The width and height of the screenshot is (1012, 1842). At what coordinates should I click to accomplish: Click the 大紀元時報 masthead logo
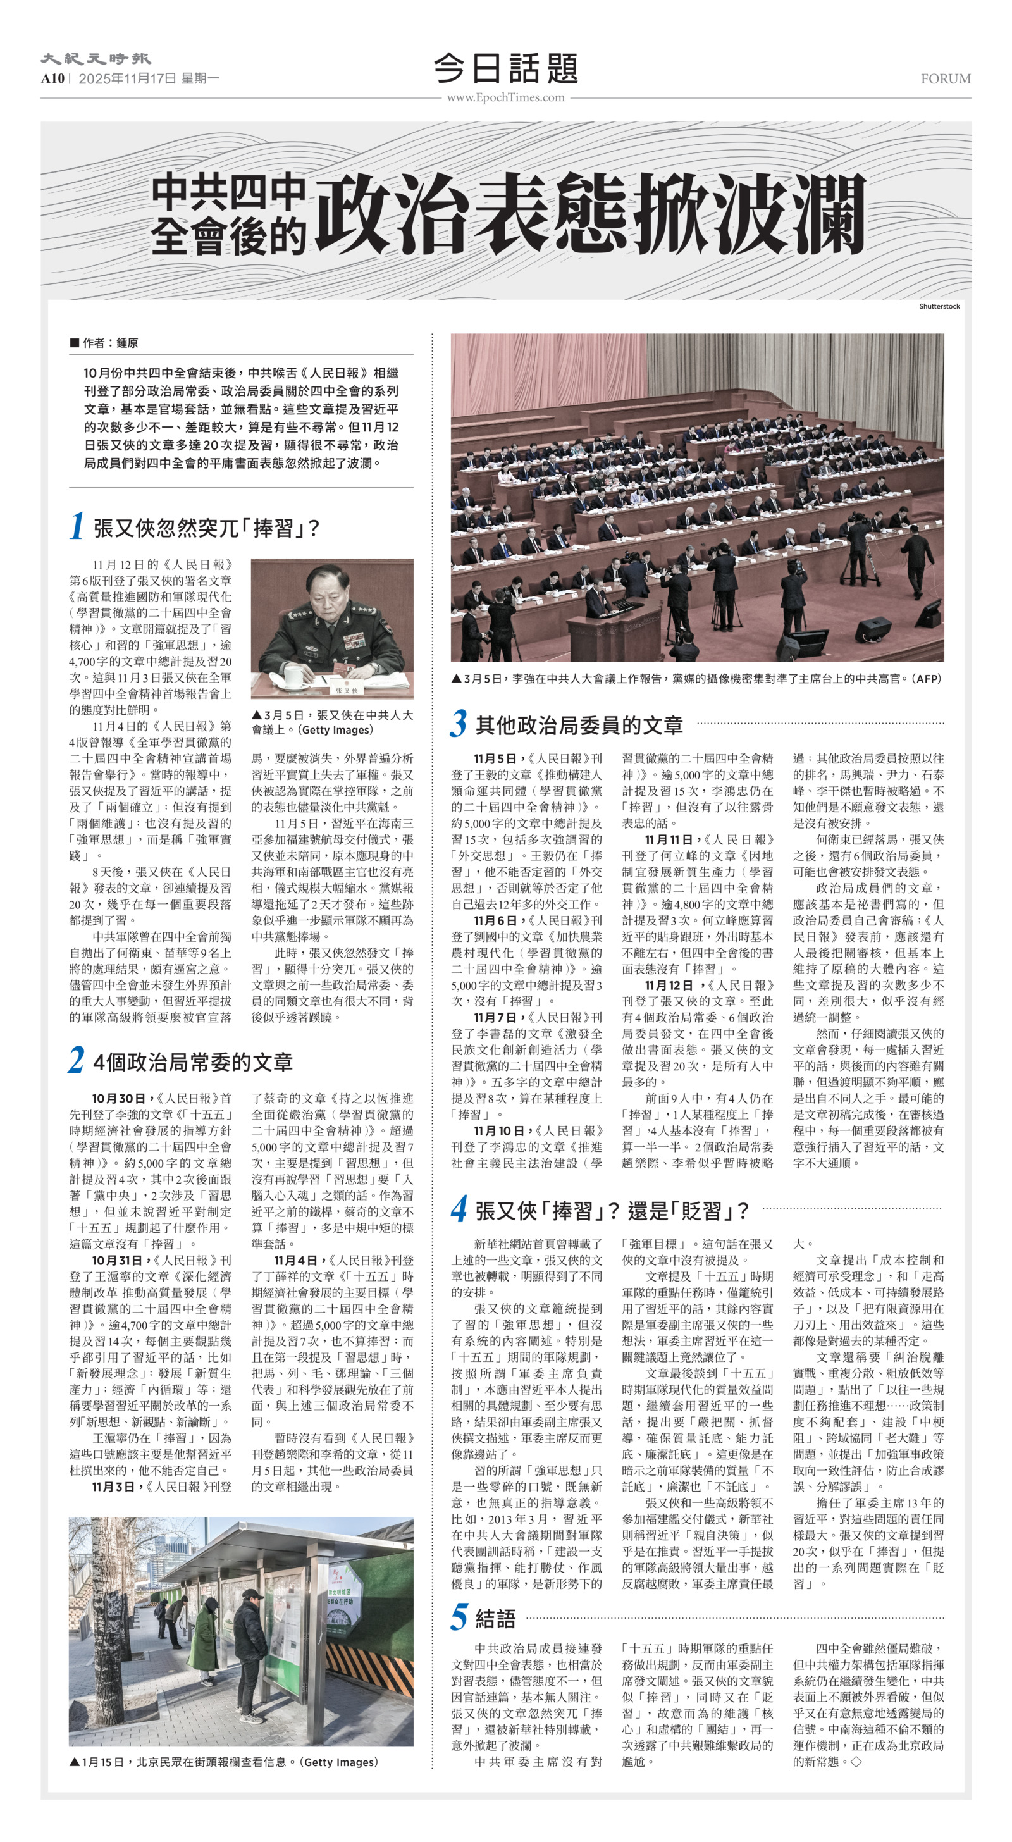(x=95, y=59)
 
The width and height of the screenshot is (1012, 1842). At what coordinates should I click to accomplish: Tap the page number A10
(x=52, y=78)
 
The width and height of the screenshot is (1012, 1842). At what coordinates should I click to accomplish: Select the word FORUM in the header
(x=945, y=78)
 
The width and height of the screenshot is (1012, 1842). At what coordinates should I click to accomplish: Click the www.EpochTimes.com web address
(x=505, y=98)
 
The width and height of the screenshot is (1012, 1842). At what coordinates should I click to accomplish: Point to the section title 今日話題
(x=505, y=69)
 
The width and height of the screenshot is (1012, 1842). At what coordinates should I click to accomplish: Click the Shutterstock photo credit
(x=939, y=306)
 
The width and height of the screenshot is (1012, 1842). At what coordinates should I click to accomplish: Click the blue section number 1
(x=77, y=526)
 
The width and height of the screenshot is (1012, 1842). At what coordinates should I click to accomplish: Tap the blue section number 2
(x=77, y=1060)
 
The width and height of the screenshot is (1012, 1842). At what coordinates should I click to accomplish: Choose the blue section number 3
(x=459, y=724)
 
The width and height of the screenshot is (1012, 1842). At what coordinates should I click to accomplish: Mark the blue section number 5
(x=459, y=1617)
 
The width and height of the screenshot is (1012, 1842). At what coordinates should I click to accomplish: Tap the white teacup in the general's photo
(x=294, y=676)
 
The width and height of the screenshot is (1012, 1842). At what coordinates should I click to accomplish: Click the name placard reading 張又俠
(x=349, y=690)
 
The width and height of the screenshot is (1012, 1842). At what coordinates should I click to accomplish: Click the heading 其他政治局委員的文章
(x=579, y=725)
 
